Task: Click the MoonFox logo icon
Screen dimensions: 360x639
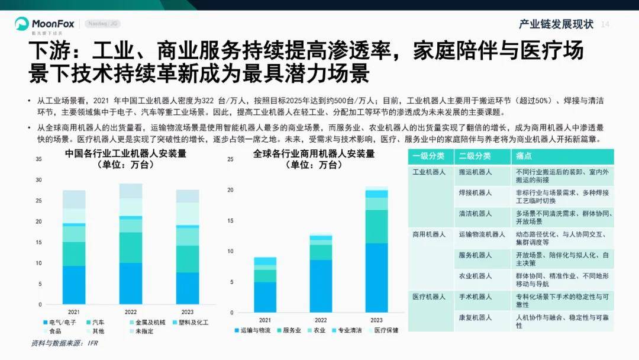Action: click(x=22, y=24)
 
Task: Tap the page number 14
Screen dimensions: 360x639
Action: click(x=605, y=24)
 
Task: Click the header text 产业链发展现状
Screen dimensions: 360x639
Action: click(x=556, y=24)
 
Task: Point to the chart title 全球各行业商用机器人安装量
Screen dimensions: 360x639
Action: click(x=314, y=154)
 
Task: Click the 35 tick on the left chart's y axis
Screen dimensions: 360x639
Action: click(x=38, y=159)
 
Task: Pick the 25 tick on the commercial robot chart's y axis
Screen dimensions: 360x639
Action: click(x=230, y=159)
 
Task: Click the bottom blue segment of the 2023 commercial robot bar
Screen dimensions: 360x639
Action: click(x=376, y=278)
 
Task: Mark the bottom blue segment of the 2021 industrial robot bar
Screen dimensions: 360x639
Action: click(x=74, y=285)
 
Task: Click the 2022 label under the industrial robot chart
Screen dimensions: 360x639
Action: click(x=130, y=311)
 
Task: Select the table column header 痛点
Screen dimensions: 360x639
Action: click(x=524, y=156)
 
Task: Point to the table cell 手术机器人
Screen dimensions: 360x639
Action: click(x=475, y=297)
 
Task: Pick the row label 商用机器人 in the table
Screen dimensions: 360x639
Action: click(x=429, y=234)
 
